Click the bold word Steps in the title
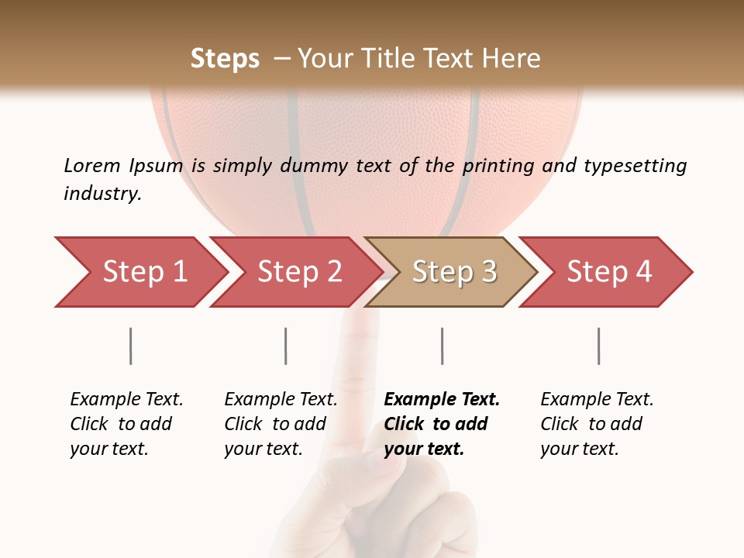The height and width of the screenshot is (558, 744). click(x=225, y=59)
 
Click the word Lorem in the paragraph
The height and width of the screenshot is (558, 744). click(x=92, y=165)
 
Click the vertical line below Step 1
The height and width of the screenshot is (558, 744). click(x=131, y=346)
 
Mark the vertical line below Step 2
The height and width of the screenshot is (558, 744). click(x=286, y=346)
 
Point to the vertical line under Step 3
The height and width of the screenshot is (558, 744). click(x=442, y=346)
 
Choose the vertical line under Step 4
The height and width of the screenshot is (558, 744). click(x=598, y=346)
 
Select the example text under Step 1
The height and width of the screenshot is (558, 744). click(x=126, y=424)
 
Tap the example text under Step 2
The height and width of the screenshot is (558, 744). click(x=280, y=424)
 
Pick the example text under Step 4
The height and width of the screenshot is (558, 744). click(x=596, y=424)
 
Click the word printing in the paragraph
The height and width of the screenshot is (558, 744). click(x=499, y=166)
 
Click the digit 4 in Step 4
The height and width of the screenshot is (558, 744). click(x=643, y=272)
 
